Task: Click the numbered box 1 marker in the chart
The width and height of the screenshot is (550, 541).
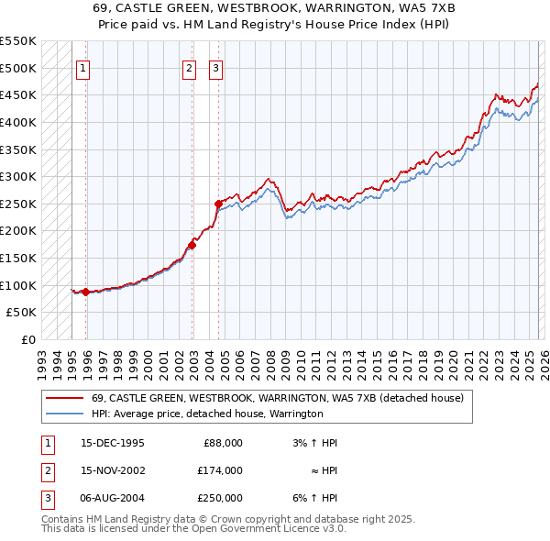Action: (x=82, y=67)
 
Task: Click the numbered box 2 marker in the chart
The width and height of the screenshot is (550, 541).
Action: (x=189, y=67)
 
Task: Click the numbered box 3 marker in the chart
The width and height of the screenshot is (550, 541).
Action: (x=215, y=67)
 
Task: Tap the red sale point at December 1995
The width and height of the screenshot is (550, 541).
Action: (x=86, y=292)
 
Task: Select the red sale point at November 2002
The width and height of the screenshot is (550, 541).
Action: (x=192, y=245)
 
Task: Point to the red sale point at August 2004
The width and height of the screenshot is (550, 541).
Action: (x=218, y=204)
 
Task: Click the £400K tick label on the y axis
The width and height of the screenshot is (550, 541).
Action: (x=18, y=122)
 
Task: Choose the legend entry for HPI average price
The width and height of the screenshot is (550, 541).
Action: (x=207, y=414)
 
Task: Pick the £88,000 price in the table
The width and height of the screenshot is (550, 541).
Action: (x=223, y=442)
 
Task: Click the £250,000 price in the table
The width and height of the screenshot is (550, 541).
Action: (x=220, y=498)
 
